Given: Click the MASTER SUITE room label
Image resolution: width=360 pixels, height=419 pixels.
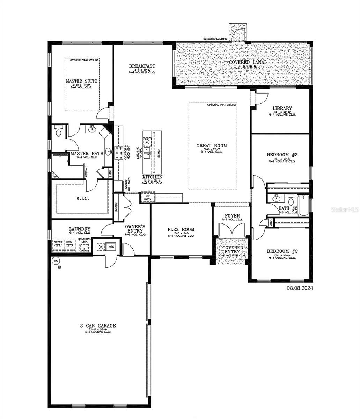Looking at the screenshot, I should click(81, 81).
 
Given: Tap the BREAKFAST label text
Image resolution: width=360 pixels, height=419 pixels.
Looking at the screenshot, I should click(142, 66).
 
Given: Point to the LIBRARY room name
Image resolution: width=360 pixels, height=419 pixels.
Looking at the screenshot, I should click(282, 108).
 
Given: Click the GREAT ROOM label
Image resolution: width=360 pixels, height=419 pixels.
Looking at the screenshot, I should click(212, 146).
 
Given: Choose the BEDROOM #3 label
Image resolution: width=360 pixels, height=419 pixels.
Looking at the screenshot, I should click(282, 155).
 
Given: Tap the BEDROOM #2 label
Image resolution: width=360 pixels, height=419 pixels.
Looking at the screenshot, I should click(282, 251).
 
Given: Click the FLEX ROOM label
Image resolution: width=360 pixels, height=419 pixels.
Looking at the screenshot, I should click(181, 229).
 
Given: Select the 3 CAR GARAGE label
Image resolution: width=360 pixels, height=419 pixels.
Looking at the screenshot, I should click(98, 326).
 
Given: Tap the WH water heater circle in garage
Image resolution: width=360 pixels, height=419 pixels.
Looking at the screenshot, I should click(55, 260).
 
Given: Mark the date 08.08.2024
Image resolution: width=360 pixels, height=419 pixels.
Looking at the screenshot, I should click(300, 288).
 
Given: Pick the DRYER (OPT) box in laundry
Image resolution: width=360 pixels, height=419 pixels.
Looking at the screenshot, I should click(58, 243).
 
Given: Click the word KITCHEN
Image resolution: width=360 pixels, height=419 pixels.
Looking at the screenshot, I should click(152, 177).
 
